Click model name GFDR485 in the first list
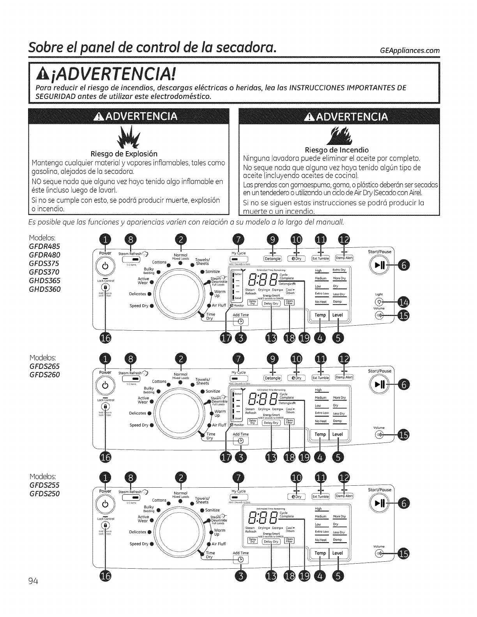click(45, 247)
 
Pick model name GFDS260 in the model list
click(45, 375)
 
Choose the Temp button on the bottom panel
click(320, 553)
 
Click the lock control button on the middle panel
click(105, 407)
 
